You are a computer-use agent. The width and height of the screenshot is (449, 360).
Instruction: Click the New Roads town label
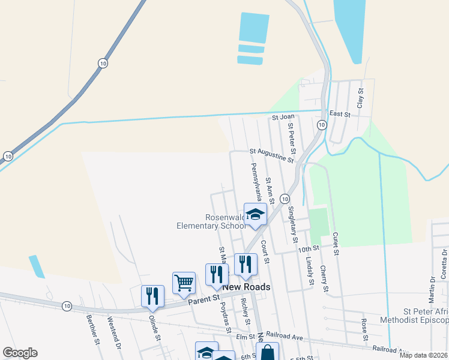point(246,287)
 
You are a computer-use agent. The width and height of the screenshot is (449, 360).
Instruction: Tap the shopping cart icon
point(184,282)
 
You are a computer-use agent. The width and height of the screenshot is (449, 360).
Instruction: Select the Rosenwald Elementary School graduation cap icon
point(255,215)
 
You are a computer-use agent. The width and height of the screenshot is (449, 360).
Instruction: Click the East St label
point(340,113)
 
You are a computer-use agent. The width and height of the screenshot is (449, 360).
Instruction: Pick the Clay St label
point(361,98)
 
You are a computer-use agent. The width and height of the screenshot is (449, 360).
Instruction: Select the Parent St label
point(204,298)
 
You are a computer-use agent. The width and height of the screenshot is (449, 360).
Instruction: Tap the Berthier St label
point(92,330)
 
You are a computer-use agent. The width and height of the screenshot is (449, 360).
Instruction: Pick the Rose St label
point(365,328)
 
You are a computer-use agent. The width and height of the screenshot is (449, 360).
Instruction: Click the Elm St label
point(242,337)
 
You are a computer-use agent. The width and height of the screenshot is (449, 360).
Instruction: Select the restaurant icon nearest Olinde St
point(152,296)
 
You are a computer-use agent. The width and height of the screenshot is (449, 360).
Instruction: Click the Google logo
point(20,353)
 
